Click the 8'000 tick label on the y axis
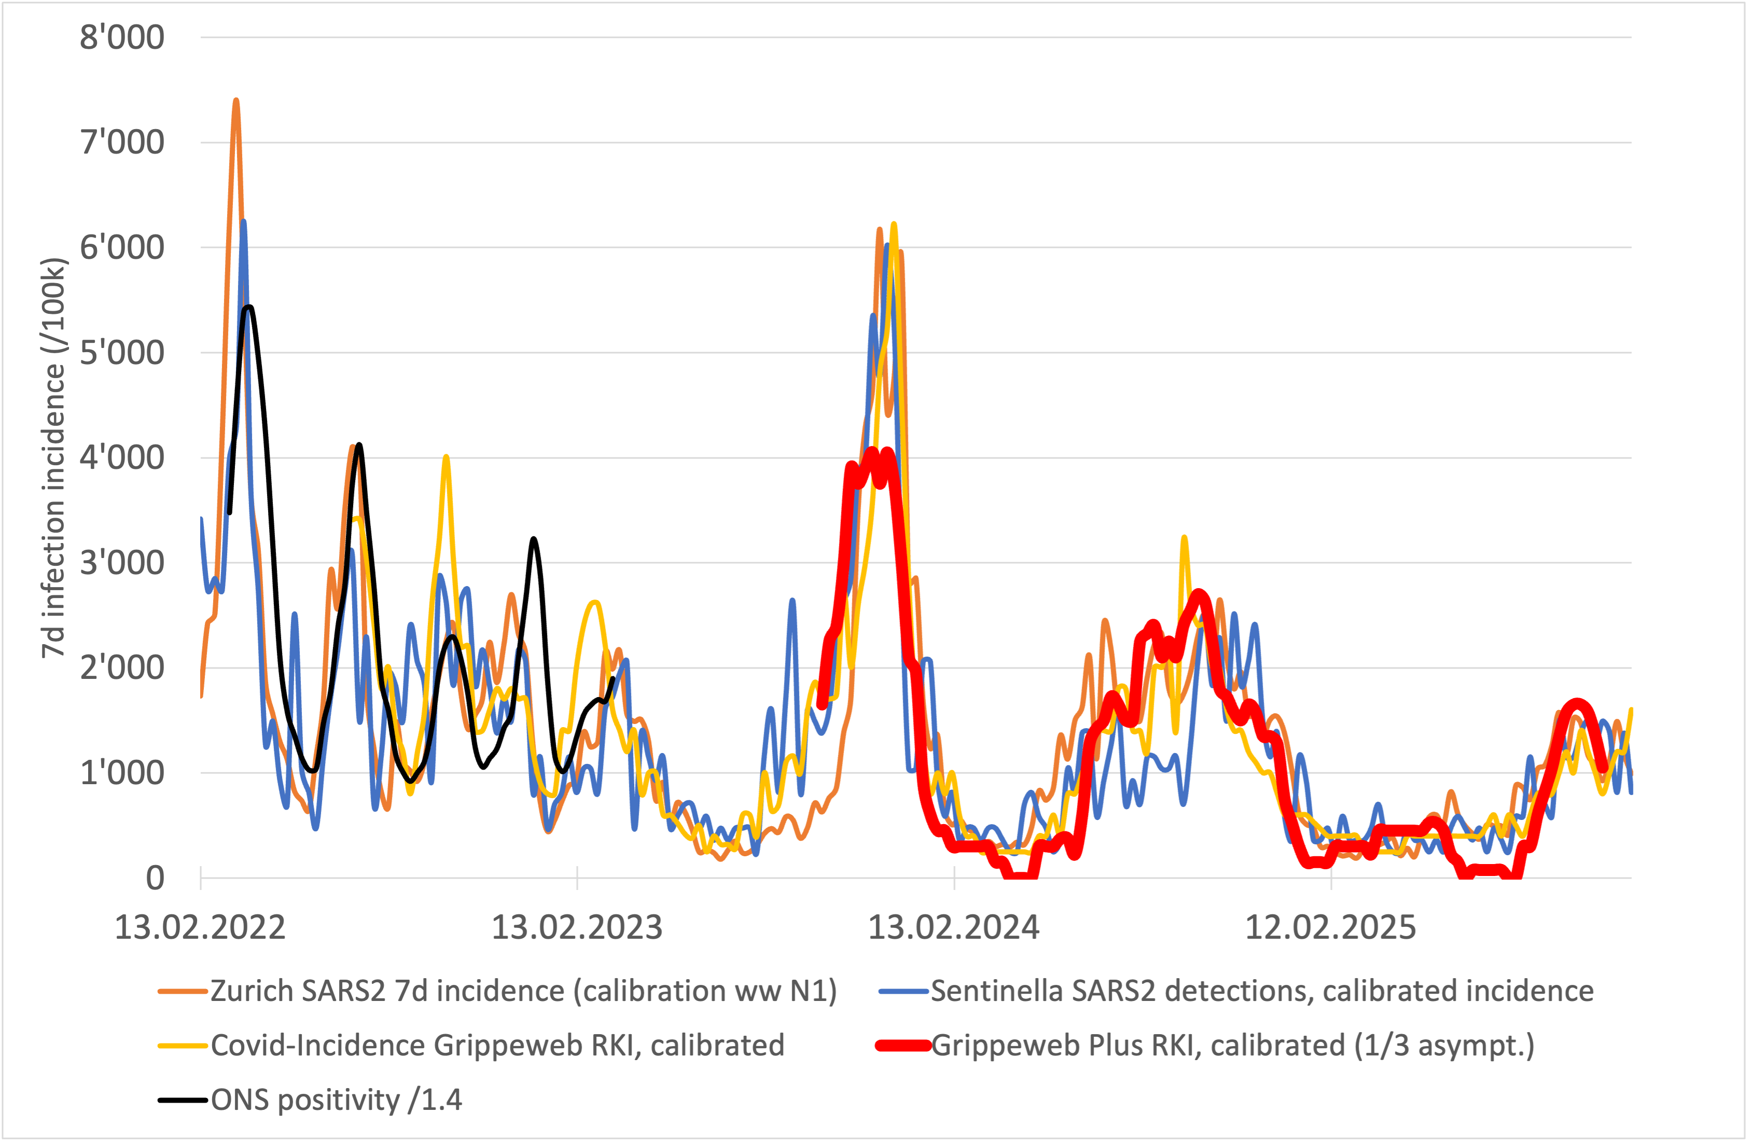[x=122, y=37]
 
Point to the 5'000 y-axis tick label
[x=122, y=352]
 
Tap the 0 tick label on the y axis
[x=155, y=878]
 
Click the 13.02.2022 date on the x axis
[x=200, y=927]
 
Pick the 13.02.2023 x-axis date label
[x=577, y=927]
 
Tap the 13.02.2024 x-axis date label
[x=954, y=927]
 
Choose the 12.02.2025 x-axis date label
[x=1330, y=927]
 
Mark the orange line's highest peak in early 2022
[x=236, y=101]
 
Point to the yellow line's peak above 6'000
[x=893, y=224]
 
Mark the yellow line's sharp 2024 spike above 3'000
[x=1184, y=538]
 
